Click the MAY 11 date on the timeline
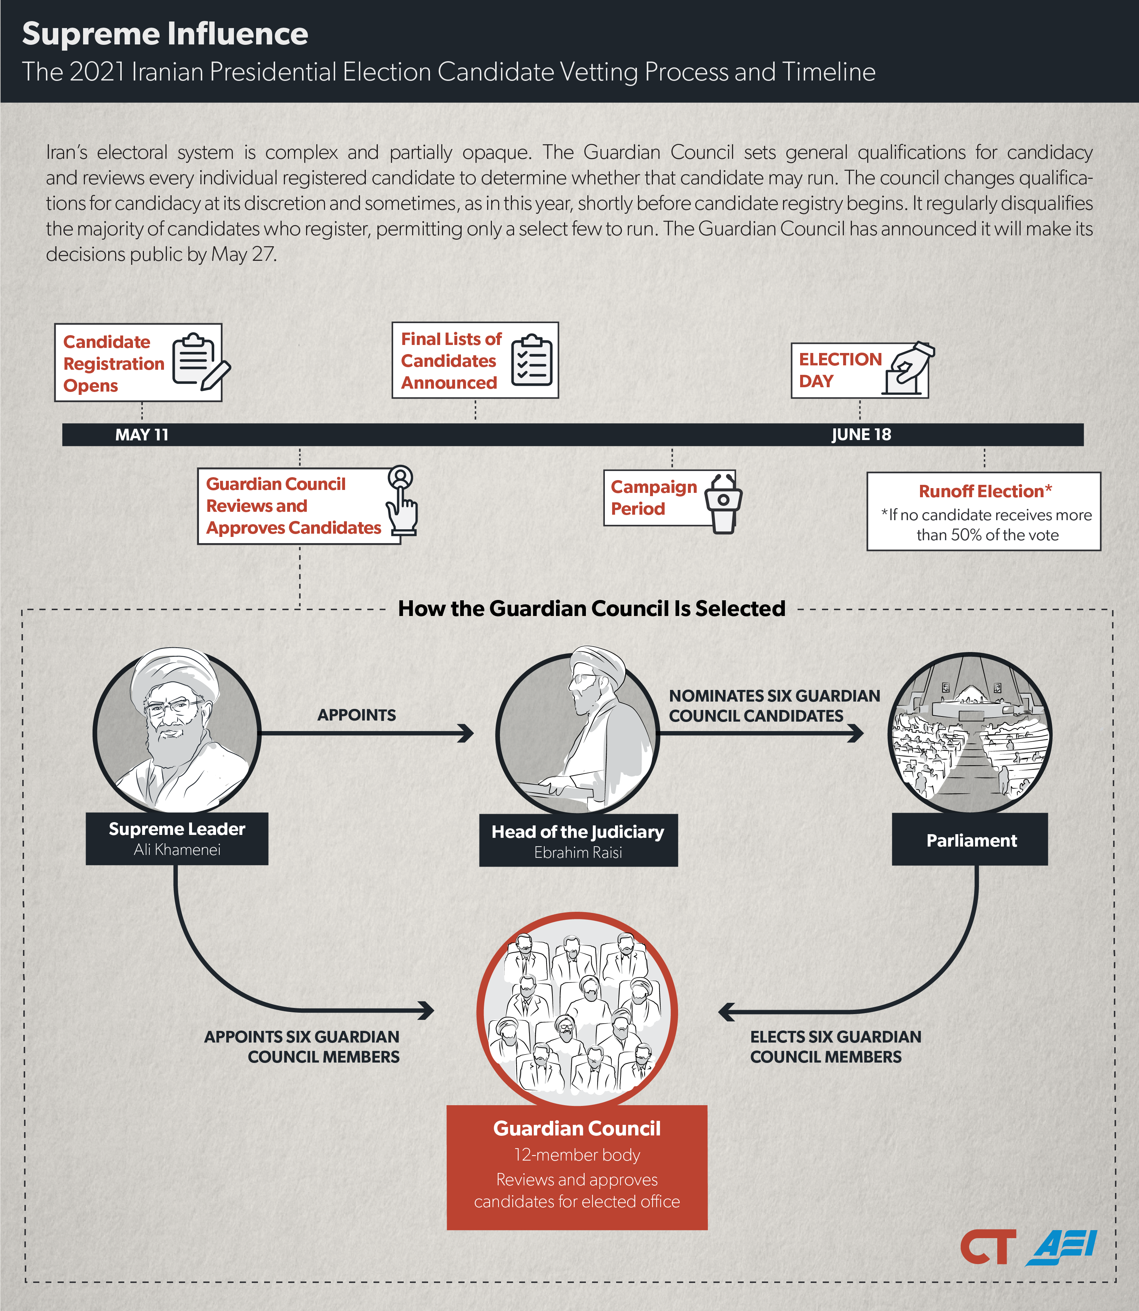[x=142, y=435]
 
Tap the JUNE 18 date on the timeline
[x=861, y=435]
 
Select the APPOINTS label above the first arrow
[x=357, y=715]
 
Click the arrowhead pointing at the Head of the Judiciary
[x=466, y=733]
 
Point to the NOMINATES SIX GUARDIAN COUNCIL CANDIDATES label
[x=774, y=706]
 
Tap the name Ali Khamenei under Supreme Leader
[x=177, y=849]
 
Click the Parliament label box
[x=970, y=840]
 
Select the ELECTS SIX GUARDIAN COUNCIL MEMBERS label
[x=835, y=1047]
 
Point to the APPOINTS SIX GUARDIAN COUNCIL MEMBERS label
[x=302, y=1047]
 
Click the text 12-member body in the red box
[x=577, y=1155]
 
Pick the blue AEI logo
[x=1061, y=1248]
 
